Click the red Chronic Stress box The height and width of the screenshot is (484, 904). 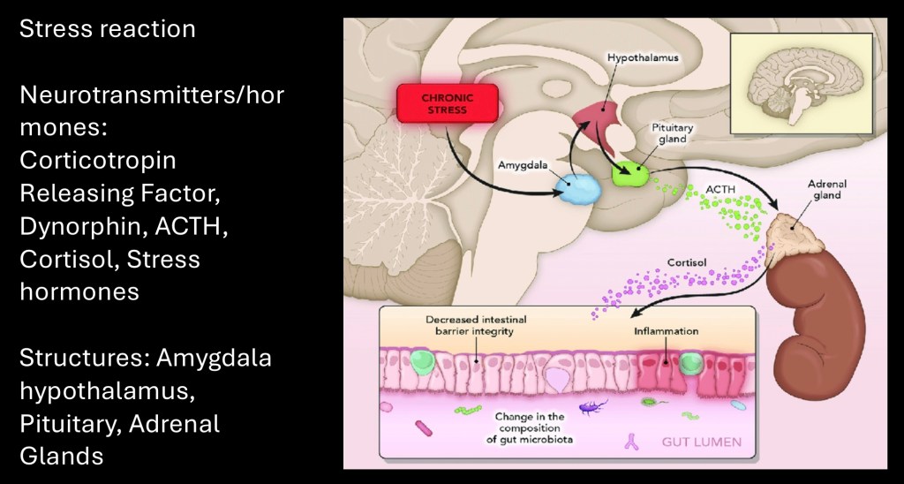(x=447, y=103)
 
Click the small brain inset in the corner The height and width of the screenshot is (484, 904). (x=801, y=86)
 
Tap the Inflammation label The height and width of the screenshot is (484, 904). (x=666, y=331)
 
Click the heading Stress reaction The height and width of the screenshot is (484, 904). (x=107, y=28)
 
